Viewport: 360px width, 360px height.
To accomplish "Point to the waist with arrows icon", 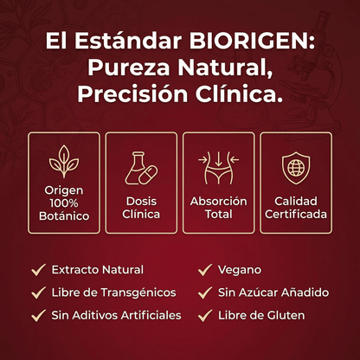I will (x=219, y=167).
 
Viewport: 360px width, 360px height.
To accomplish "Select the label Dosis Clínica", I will (x=141, y=207).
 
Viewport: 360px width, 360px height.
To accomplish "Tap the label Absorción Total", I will (x=218, y=207).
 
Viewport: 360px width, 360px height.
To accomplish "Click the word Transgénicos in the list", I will (x=139, y=293).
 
